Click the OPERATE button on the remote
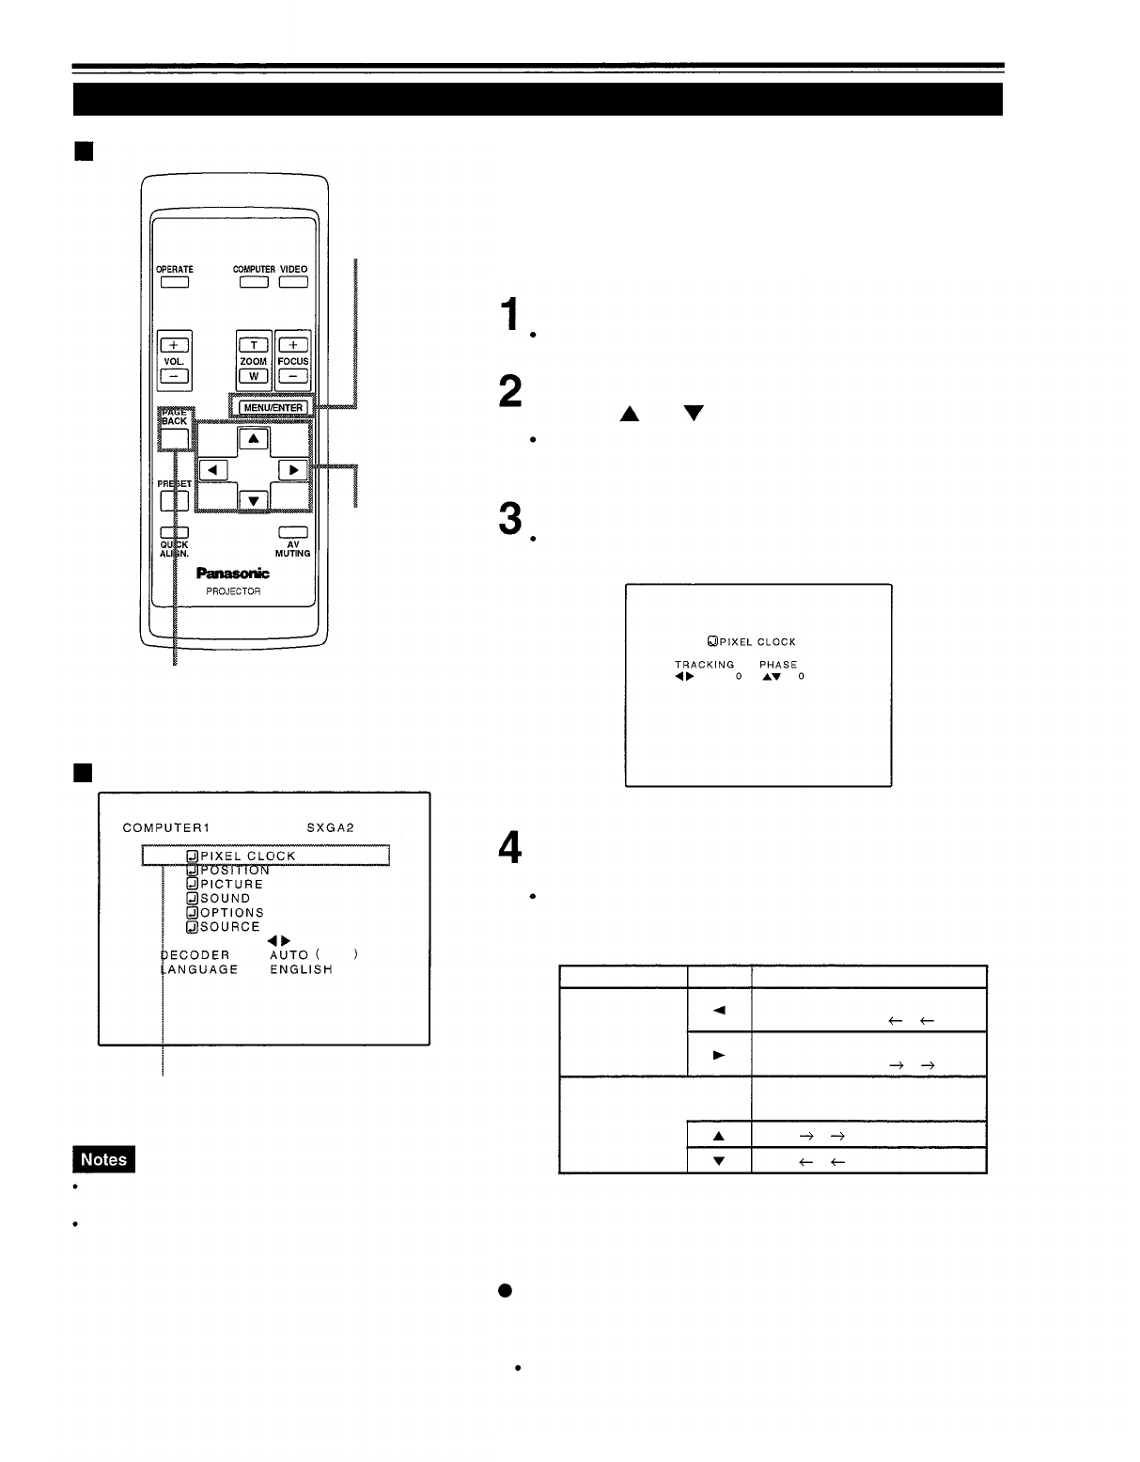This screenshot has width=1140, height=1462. (174, 281)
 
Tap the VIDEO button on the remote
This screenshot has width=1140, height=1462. (293, 281)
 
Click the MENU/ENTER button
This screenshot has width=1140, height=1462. (273, 407)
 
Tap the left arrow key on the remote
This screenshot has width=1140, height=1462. (213, 469)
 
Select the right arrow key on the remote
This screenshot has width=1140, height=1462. (292, 469)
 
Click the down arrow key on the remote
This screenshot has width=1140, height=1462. (253, 500)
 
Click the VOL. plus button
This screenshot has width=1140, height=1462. (173, 345)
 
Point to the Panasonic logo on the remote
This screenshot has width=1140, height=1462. (232, 573)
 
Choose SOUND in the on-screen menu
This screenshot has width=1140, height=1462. (225, 898)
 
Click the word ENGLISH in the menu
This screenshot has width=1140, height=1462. (301, 969)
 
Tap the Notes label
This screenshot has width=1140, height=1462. (103, 1159)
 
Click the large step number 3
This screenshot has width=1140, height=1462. (510, 518)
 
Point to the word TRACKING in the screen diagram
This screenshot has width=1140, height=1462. (704, 664)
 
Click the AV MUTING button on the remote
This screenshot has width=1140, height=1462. (292, 533)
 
